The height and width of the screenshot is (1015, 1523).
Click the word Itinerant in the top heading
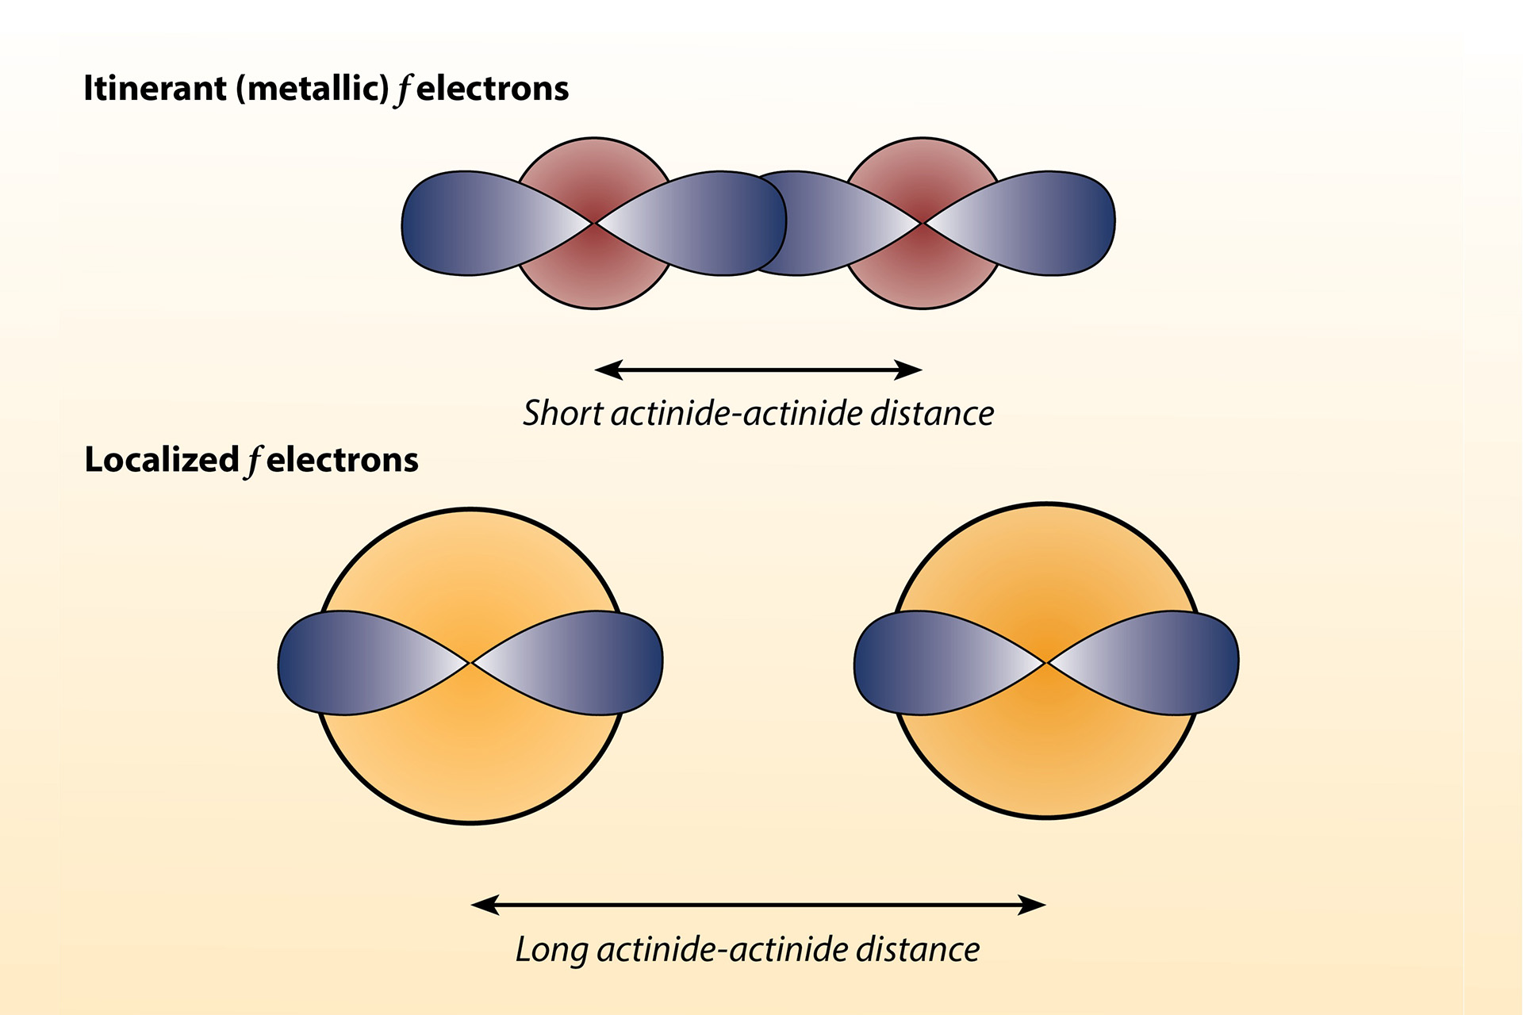tap(155, 89)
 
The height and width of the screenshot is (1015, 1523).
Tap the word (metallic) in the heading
tap(313, 89)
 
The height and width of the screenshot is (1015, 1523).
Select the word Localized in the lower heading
tap(162, 460)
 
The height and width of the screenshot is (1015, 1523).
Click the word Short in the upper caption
tap(562, 413)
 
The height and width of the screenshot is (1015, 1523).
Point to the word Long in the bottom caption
tap(551, 949)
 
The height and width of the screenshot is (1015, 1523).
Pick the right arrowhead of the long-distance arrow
tap(1032, 905)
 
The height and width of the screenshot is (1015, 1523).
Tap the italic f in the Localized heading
tap(253, 462)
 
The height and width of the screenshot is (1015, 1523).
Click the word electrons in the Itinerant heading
tap(493, 89)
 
